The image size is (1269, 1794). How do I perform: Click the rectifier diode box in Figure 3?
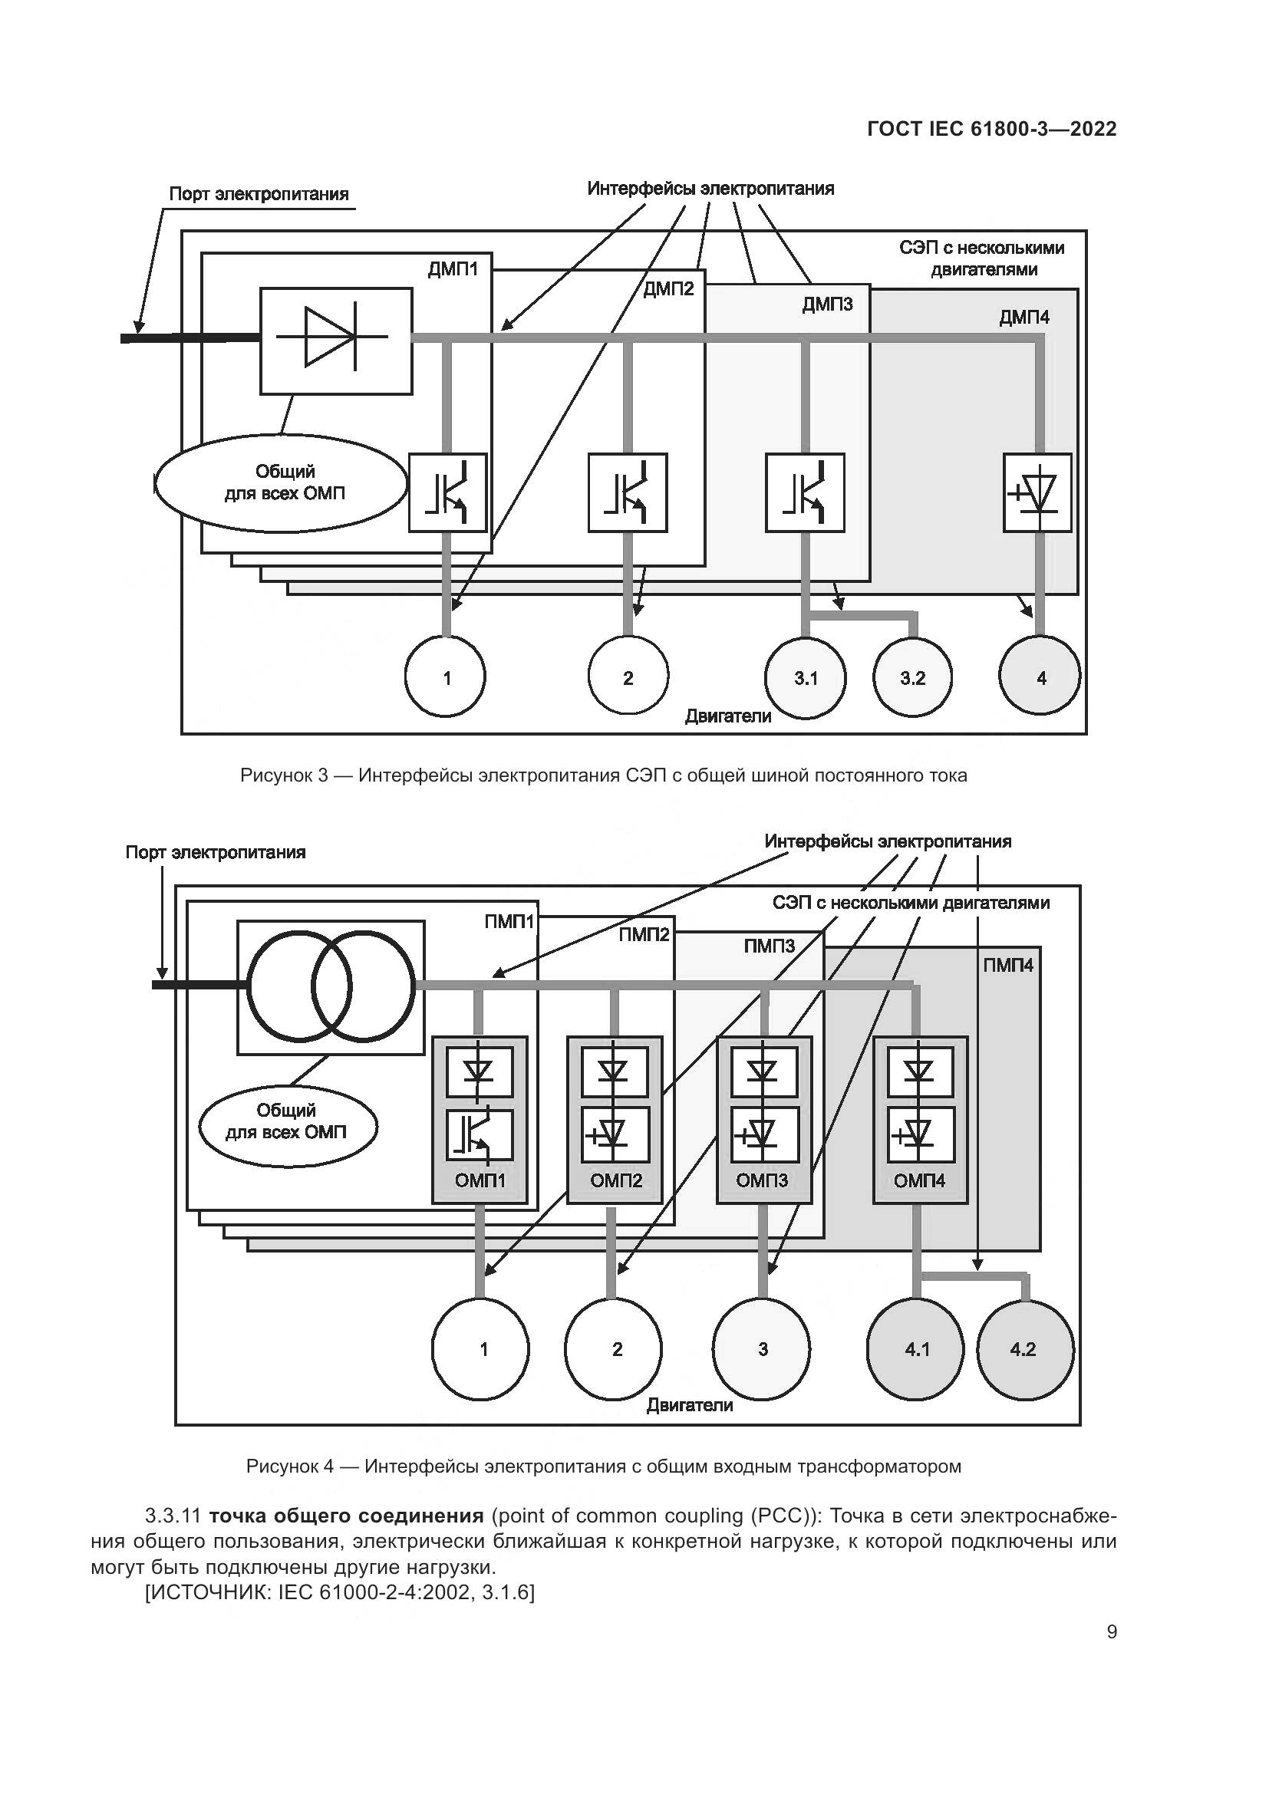[x=336, y=341]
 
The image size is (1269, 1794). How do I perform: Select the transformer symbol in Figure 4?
[x=331, y=986]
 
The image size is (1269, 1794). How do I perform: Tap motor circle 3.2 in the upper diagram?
[x=912, y=677]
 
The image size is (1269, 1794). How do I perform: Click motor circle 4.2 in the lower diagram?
[x=1024, y=1348]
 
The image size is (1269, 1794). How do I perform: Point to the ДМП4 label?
[x=1023, y=318]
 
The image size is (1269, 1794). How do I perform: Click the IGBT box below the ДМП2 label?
[x=628, y=493]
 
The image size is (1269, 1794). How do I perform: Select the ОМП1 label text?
[x=480, y=1180]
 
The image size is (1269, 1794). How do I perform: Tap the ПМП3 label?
[x=769, y=946]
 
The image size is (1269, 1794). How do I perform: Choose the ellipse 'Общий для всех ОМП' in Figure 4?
[x=287, y=1121]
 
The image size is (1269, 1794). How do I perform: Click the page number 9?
[x=1111, y=1632]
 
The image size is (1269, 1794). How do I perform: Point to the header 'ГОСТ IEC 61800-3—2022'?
[x=991, y=129]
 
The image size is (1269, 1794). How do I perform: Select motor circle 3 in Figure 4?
[x=762, y=1348]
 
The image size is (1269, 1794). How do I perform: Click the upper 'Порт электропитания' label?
[x=259, y=194]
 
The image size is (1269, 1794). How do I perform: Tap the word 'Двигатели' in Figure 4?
[x=689, y=1405]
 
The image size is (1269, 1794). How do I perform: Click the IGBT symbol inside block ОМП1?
[x=479, y=1135]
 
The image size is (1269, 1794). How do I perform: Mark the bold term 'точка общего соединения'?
[x=347, y=1516]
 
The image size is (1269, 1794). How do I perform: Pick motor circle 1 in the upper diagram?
[x=447, y=677]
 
